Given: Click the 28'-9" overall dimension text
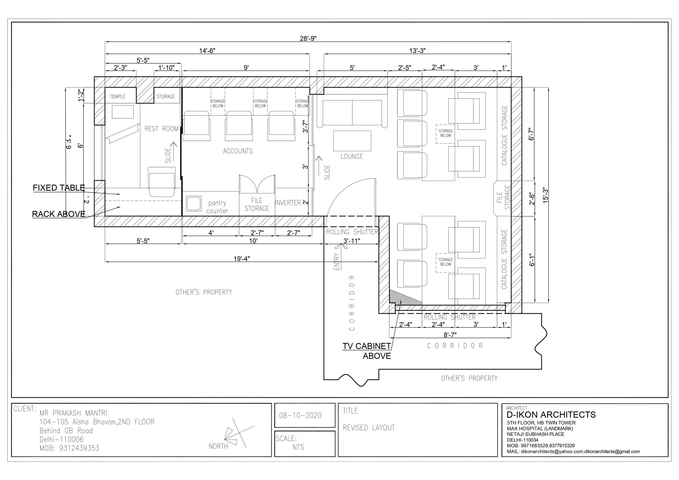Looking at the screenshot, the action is (x=308, y=38).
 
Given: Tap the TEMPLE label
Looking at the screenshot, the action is (x=117, y=97).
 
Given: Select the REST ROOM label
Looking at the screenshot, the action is (x=162, y=129).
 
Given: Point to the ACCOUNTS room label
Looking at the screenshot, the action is (x=238, y=151).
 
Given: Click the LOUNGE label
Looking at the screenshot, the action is (x=352, y=157).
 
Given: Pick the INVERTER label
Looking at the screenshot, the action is (x=288, y=203).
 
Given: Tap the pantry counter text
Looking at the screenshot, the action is (x=217, y=207).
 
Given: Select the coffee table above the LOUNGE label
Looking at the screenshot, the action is (x=352, y=141).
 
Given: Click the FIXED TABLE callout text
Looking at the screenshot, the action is (x=59, y=188).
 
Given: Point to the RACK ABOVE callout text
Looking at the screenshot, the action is (x=59, y=214).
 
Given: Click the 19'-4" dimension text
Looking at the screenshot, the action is (x=242, y=259).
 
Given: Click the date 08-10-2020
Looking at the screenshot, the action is (x=300, y=416).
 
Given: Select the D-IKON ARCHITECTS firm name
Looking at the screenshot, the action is (x=551, y=415).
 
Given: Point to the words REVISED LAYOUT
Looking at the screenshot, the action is (x=369, y=428).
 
